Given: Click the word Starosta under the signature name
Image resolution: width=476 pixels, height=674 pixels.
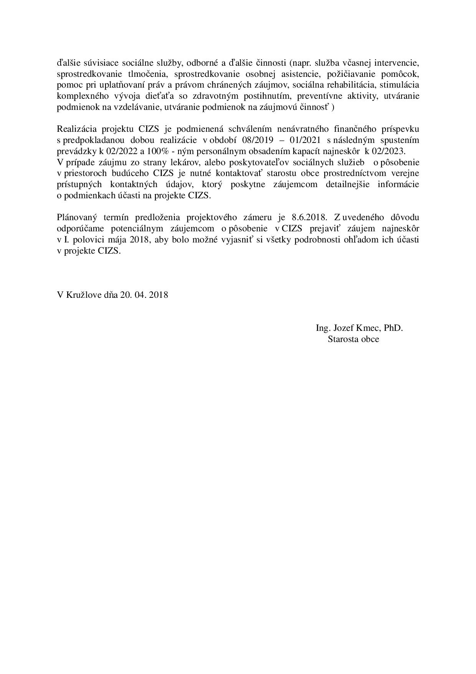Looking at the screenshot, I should [x=342, y=339].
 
